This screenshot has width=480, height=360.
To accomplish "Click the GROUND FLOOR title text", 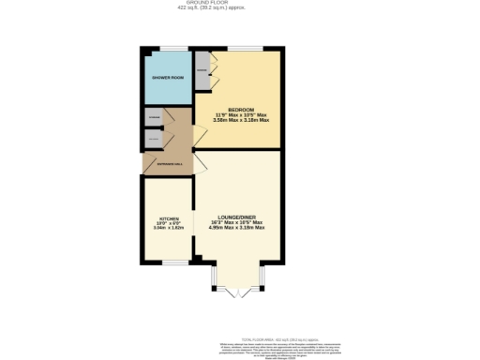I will pos(239,4).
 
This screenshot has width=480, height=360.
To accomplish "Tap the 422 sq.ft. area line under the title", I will pos(239,9).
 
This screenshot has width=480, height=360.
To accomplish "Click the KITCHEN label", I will pos(168,221).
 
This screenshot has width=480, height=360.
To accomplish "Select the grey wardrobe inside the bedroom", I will pos(202,71).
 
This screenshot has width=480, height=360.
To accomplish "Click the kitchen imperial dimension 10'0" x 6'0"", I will pos(168,227).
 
